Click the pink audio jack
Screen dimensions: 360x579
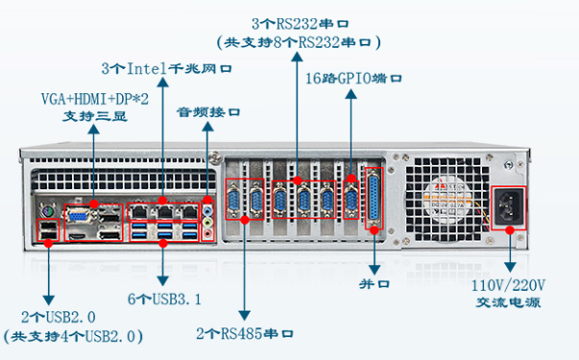click(x=210, y=232)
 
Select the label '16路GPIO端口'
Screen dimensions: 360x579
click(x=353, y=78)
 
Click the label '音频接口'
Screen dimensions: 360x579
click(x=207, y=112)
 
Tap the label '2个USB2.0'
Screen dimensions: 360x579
click(x=45, y=317)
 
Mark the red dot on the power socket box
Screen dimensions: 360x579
click(x=511, y=230)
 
